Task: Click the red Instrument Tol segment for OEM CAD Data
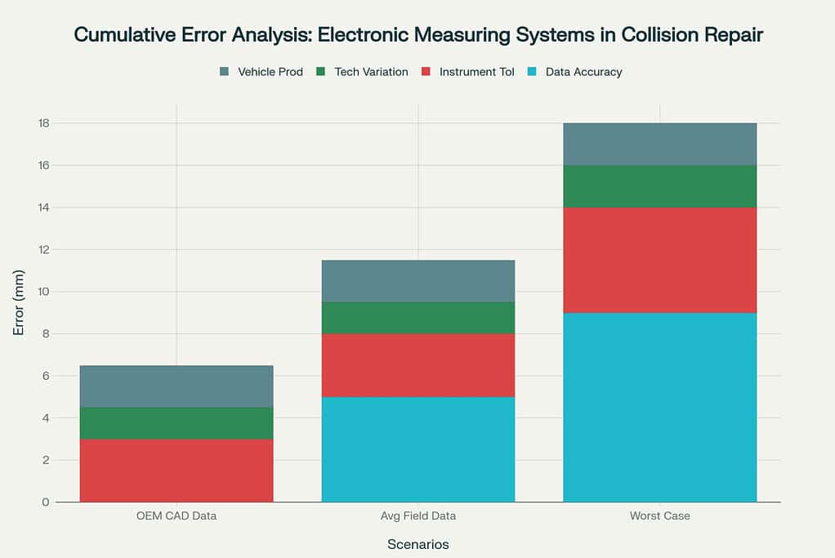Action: (x=176, y=470)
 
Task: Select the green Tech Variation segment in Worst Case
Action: (x=660, y=186)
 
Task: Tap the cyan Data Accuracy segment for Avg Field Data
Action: (x=418, y=449)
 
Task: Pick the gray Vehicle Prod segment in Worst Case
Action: (x=660, y=145)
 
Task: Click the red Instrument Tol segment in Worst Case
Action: (x=660, y=261)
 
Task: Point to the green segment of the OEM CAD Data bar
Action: (x=176, y=423)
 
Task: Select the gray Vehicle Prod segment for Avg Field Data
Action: (x=418, y=281)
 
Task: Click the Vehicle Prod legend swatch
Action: (x=224, y=71)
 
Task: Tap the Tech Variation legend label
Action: (x=371, y=72)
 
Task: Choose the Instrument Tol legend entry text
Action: (x=476, y=72)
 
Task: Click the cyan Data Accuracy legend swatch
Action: (x=532, y=71)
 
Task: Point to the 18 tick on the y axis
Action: (x=43, y=123)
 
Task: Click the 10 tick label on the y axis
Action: (x=43, y=292)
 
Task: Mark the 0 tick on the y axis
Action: (x=46, y=502)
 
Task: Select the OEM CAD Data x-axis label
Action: (x=176, y=516)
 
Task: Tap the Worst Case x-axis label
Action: (x=660, y=516)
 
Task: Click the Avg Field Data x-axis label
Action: (x=418, y=516)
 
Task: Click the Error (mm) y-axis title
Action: (x=19, y=302)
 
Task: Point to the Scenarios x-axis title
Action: (x=418, y=544)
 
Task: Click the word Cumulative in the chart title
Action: (x=125, y=34)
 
